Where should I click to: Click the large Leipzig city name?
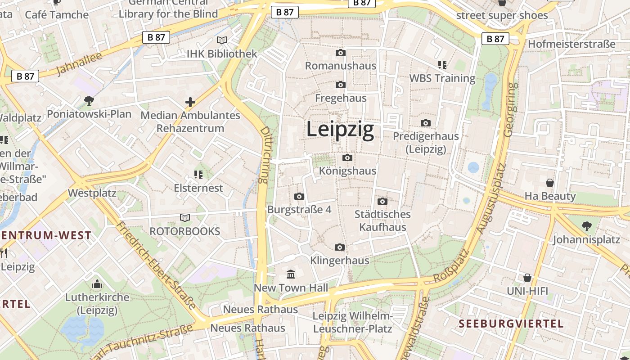coord(340,130)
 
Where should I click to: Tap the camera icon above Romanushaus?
coord(341,53)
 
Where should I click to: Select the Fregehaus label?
coord(341,98)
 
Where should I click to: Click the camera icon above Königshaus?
coord(347,157)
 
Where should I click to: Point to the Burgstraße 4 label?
coord(299,210)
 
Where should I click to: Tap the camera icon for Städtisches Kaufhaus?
coord(382,201)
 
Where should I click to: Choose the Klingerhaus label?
coord(340,260)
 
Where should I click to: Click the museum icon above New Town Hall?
coord(291,274)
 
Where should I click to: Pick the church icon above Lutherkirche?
coord(97,284)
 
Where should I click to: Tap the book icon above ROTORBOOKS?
coord(184,218)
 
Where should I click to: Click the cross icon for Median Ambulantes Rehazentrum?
coord(190,102)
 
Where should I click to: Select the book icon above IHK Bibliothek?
coord(222,40)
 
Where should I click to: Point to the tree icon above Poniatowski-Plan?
coord(89,100)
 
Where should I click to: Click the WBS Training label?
coord(442,78)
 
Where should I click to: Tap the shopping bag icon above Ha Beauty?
coord(549,183)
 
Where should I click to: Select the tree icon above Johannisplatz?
coord(586,226)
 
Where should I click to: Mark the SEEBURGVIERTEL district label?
coord(511,324)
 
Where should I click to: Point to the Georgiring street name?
coord(509,110)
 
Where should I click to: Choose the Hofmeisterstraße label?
coord(571,44)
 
